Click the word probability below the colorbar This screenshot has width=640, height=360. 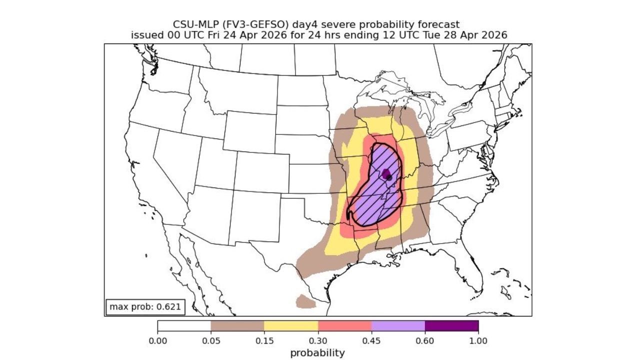pyautogui.click(x=317, y=353)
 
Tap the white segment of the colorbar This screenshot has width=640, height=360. pyautogui.click(x=184, y=326)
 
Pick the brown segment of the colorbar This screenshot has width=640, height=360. pyautogui.click(x=237, y=326)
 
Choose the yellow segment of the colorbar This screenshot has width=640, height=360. pyautogui.click(x=291, y=326)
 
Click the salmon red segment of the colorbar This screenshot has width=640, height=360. pyautogui.click(x=344, y=326)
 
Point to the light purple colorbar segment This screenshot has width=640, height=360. pyautogui.click(x=398, y=326)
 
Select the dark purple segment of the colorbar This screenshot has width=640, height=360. pyautogui.click(x=451, y=326)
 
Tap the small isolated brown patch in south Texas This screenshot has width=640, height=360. pyautogui.click(x=305, y=301)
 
